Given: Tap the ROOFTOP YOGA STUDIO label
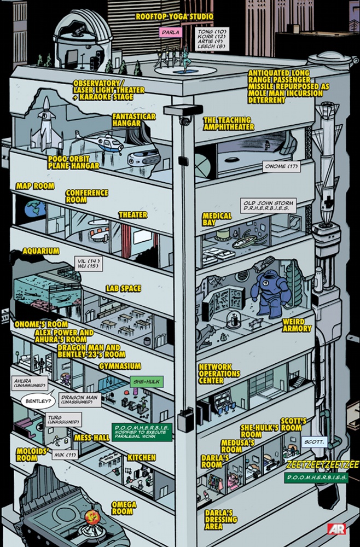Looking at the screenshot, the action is (175, 17).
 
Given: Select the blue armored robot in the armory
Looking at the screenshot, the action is (271, 293).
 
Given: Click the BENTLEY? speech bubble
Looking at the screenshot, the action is (38, 401).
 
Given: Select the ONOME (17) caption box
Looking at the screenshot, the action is (282, 166).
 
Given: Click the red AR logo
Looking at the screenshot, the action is (336, 529).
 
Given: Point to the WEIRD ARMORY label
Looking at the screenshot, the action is (297, 325).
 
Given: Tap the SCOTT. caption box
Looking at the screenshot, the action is (314, 442).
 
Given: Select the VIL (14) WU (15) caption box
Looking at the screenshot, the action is (89, 264).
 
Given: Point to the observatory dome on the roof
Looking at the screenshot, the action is (82, 40).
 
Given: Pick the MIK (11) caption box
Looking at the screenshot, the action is (65, 455).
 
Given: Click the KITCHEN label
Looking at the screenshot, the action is (141, 458).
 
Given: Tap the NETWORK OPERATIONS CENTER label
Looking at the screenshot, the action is (219, 374).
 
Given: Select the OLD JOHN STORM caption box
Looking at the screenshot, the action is (268, 206).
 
